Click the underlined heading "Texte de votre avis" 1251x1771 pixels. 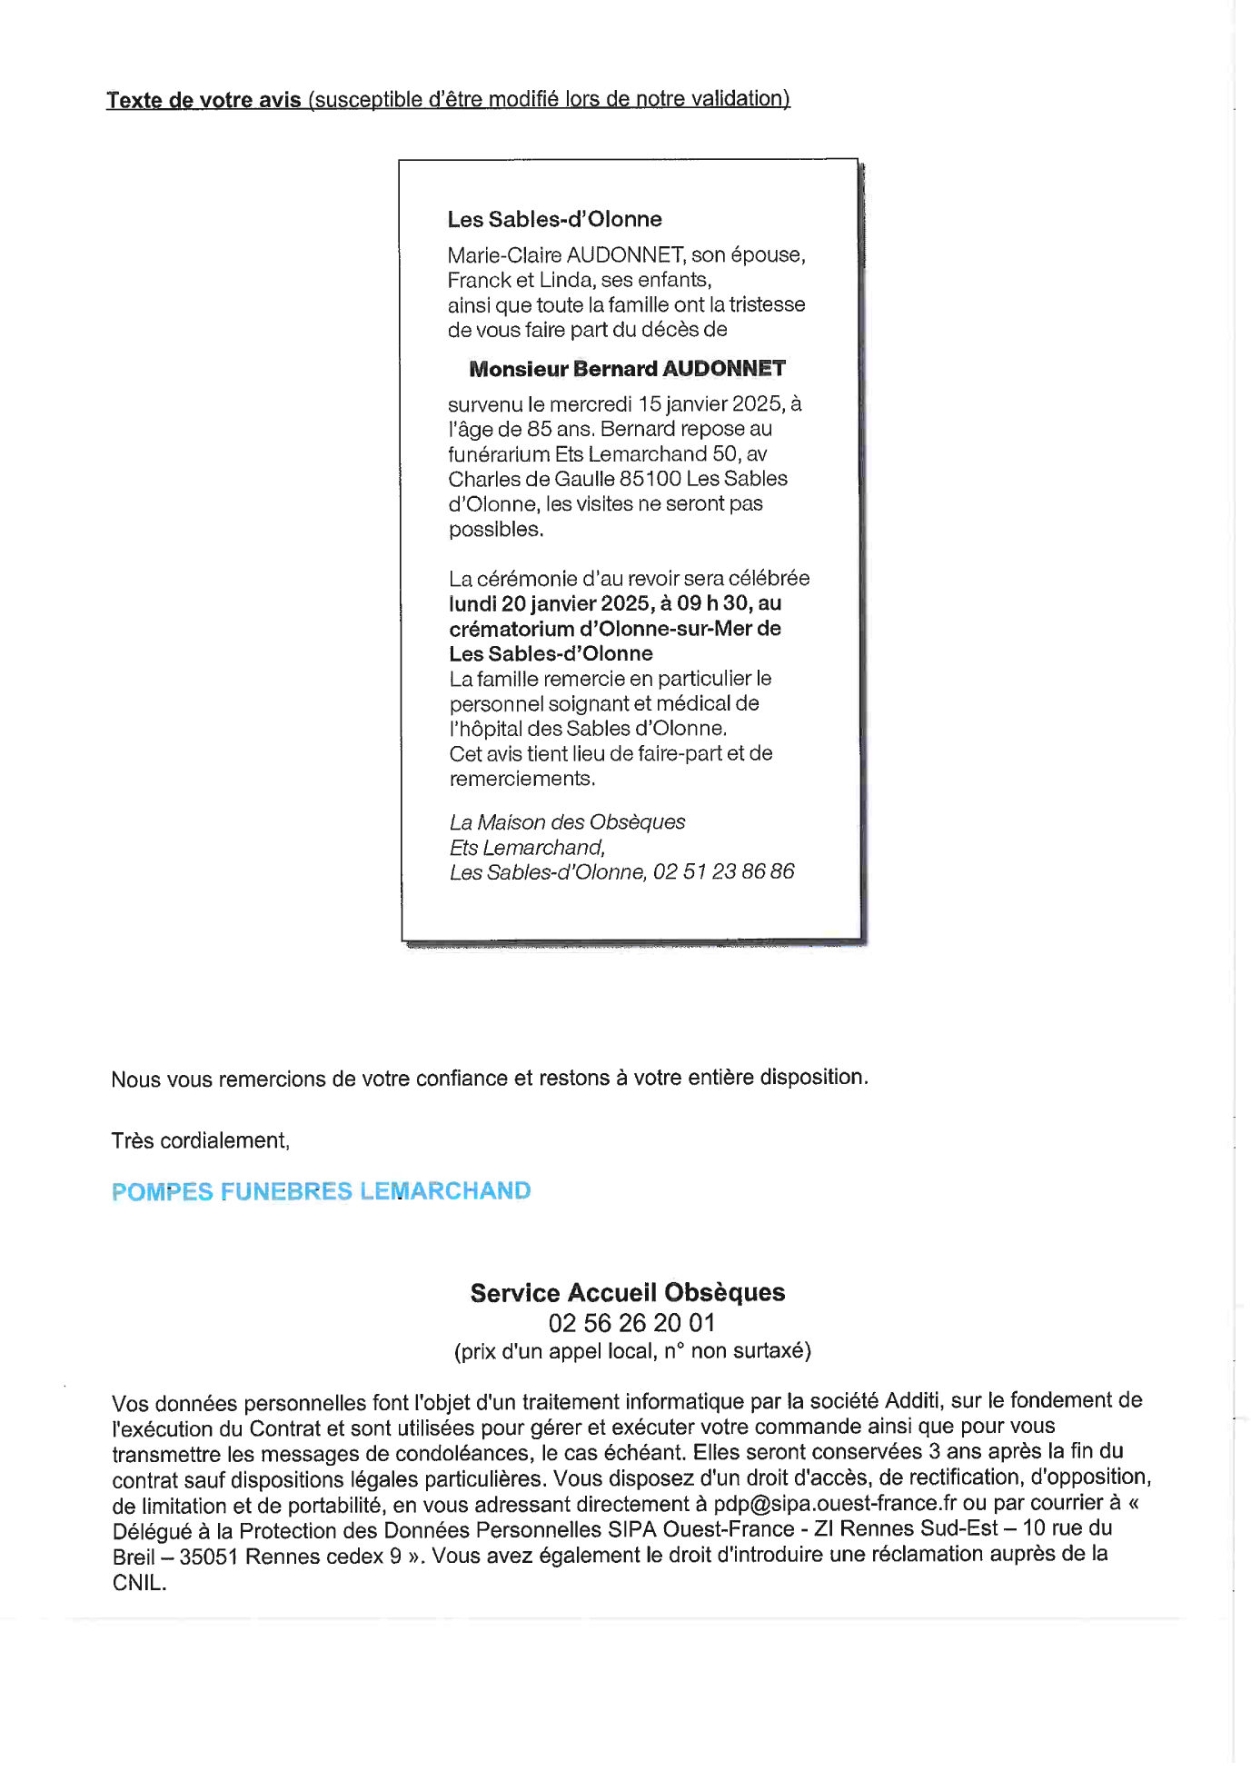[204, 100]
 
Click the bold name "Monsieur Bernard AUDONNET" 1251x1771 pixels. [627, 369]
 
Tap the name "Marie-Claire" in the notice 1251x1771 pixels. [503, 255]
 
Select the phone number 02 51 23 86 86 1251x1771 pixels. [723, 872]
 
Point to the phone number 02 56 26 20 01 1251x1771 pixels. [631, 1323]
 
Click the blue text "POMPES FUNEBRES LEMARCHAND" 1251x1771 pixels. [321, 1191]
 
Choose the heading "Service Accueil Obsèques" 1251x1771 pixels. [627, 1293]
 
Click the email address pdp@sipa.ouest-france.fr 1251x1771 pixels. [834, 1504]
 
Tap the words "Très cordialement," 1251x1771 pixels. [200, 1141]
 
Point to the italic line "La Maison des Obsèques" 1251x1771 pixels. [567, 822]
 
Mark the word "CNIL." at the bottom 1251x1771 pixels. [139, 1583]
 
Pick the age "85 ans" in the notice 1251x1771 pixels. [560, 429]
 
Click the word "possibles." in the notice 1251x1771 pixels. [495, 530]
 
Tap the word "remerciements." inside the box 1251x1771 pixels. [522, 779]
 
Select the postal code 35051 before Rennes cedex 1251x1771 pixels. [209, 1557]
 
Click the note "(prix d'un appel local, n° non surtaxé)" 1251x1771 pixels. [632, 1351]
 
